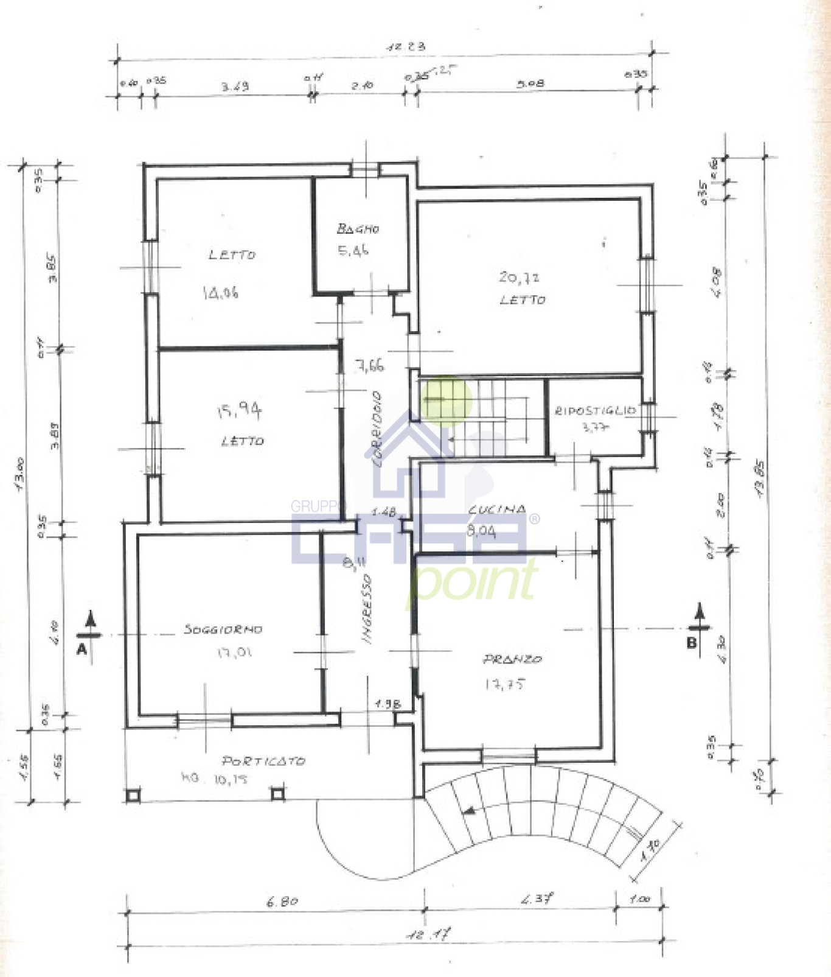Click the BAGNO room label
point(358,229)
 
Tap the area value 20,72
point(518,278)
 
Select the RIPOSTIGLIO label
point(594,410)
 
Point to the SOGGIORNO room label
point(223,629)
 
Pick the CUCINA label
point(496,510)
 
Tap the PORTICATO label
point(263,761)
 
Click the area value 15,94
point(239,411)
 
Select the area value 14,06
point(220,293)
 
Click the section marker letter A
point(82,650)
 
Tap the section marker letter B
point(692,643)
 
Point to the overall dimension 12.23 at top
point(406,46)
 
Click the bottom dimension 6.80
point(282,902)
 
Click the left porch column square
point(133,795)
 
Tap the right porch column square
point(277,794)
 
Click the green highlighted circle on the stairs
point(446,399)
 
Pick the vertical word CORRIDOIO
point(377,429)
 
